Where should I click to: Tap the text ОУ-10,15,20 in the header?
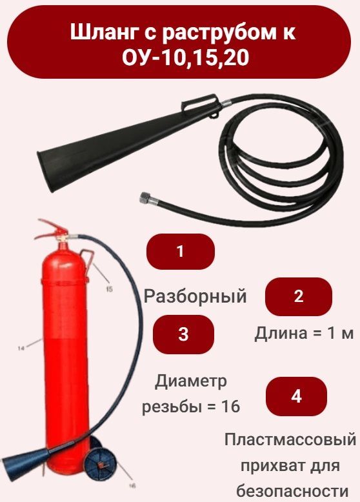click(x=186, y=58)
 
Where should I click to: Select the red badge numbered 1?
click(x=181, y=251)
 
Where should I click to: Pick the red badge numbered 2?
click(x=299, y=296)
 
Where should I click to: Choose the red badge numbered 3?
click(x=183, y=334)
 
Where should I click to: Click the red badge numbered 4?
click(x=296, y=396)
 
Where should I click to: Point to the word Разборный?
click(x=195, y=296)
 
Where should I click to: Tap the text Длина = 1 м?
click(x=304, y=334)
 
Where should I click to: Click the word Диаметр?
click(x=191, y=381)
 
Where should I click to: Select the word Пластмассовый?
click(x=290, y=439)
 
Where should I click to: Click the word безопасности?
click(x=292, y=491)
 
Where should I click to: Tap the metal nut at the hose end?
click(x=145, y=197)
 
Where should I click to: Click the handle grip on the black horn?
click(x=199, y=102)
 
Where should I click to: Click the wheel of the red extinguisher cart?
click(x=101, y=463)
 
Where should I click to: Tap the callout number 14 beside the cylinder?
click(x=21, y=348)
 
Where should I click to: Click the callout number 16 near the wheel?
click(x=132, y=486)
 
